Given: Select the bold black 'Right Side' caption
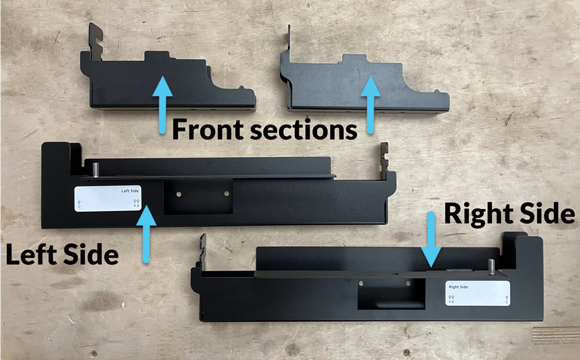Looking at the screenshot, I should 509,214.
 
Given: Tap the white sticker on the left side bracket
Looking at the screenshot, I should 108,199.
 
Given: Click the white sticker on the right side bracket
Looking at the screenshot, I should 477,293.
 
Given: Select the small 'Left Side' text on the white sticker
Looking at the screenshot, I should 130,190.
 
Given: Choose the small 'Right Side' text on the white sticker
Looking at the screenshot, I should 458,287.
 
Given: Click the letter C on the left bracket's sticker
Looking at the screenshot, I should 79,206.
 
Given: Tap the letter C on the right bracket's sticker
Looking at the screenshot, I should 507,302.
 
